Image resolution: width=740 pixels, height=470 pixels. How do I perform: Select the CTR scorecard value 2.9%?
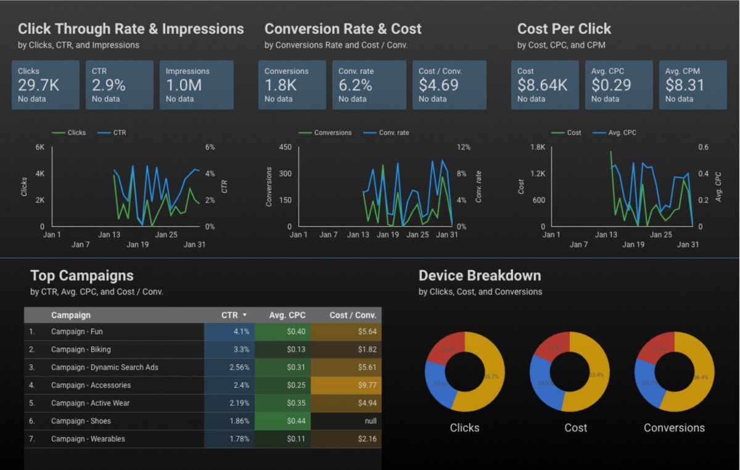[x=109, y=85]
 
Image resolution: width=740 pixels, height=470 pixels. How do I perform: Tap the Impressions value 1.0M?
[x=184, y=85]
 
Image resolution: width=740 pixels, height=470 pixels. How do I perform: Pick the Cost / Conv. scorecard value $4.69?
[x=438, y=85]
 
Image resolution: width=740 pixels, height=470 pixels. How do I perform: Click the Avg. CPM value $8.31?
[x=684, y=85]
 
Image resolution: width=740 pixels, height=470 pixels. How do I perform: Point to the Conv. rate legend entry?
[x=393, y=133]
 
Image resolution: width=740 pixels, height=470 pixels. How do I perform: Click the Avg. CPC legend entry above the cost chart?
[x=621, y=133]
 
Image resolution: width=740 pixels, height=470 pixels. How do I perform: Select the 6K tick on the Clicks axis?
[x=40, y=147]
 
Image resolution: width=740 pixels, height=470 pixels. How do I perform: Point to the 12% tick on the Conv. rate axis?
[x=463, y=147]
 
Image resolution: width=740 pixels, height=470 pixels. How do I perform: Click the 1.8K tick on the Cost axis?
[x=538, y=147]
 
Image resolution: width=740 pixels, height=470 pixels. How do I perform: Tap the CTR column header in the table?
[x=229, y=315]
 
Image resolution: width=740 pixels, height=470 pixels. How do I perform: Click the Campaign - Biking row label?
[x=81, y=350]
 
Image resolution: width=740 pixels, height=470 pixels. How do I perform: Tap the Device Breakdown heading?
[x=480, y=276]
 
